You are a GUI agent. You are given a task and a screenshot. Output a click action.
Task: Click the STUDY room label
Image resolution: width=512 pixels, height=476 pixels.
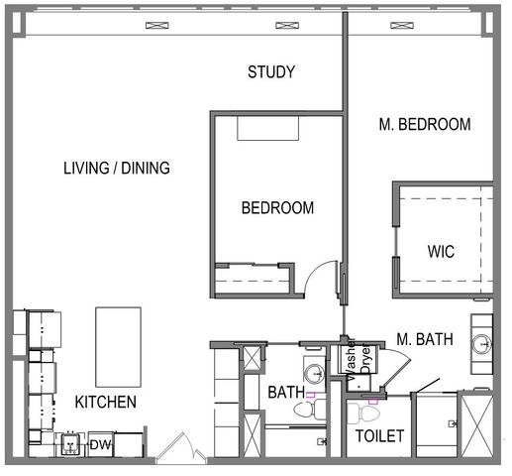pyautogui.click(x=271, y=71)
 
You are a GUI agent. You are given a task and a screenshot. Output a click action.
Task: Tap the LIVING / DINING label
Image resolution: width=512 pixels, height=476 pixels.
pyautogui.click(x=116, y=169)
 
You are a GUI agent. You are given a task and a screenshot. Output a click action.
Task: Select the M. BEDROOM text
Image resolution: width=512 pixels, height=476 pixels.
pyautogui.click(x=424, y=125)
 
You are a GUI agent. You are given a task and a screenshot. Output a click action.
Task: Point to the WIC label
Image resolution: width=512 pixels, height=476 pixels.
pyautogui.click(x=441, y=252)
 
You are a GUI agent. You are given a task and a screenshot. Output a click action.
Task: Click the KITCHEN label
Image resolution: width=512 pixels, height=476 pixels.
pyautogui.click(x=106, y=402)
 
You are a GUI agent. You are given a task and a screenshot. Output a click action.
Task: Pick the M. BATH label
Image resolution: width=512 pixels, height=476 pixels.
pyautogui.click(x=425, y=339)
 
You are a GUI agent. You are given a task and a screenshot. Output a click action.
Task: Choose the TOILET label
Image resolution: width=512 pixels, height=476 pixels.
pyautogui.click(x=380, y=435)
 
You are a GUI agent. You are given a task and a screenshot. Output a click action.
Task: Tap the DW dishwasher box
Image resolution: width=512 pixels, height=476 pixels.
pyautogui.click(x=101, y=445)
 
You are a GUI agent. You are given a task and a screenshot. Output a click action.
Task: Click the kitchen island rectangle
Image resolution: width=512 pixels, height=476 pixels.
pyautogui.click(x=118, y=346)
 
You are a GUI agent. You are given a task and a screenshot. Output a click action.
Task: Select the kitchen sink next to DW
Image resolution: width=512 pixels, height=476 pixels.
pyautogui.click(x=71, y=445)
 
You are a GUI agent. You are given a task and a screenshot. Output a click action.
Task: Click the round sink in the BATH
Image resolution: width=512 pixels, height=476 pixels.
pyautogui.click(x=314, y=374)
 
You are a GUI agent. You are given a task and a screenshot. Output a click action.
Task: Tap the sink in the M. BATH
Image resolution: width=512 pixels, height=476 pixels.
pyautogui.click(x=481, y=344)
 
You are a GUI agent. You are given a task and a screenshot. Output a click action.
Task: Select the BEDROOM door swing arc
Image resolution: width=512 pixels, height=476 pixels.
pyautogui.click(x=319, y=278)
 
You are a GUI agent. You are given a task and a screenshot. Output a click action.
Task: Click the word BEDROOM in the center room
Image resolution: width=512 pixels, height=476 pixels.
pyautogui.click(x=278, y=208)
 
